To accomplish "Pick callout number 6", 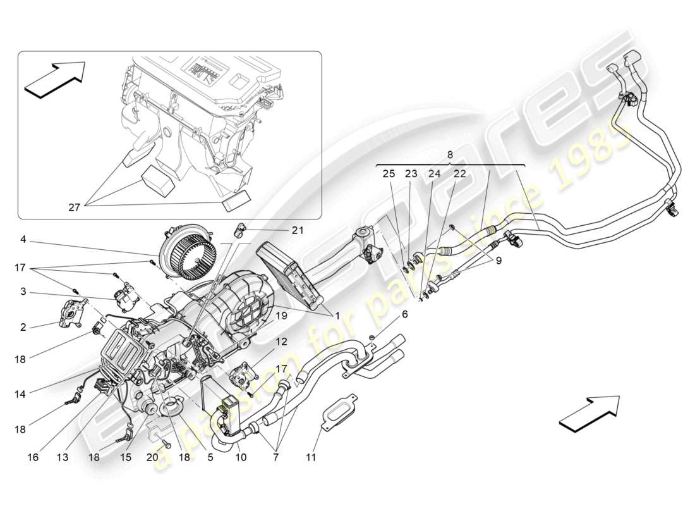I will (x=405, y=313).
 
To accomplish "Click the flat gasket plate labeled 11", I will (x=338, y=412).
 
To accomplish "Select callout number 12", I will (x=281, y=341).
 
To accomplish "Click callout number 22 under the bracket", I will (x=459, y=173).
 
